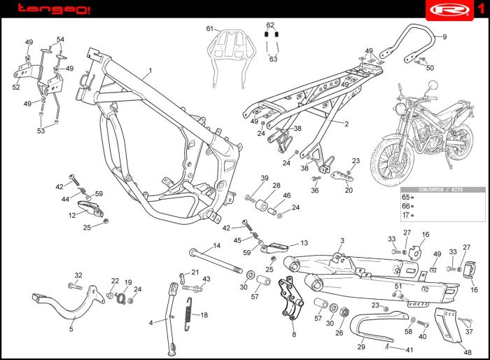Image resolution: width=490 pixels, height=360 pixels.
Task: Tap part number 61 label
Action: (209, 28)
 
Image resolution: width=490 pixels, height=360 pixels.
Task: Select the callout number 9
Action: (444, 36)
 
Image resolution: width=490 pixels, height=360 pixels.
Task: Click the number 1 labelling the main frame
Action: (149, 71)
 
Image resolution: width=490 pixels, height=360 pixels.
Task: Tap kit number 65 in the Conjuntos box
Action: (406, 198)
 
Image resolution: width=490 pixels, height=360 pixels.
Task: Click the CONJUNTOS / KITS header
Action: (442, 189)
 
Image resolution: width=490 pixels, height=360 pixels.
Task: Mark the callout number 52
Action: (16, 88)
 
